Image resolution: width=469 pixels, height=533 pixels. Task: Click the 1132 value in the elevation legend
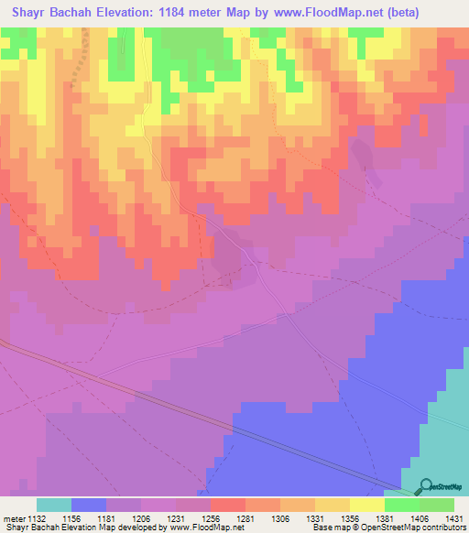(37, 517)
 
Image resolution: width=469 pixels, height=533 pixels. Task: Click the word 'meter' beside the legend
(12, 517)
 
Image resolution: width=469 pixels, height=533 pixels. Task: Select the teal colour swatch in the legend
(54, 505)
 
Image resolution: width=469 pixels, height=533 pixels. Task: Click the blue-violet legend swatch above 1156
(89, 505)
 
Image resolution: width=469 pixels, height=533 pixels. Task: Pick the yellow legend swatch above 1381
(366, 505)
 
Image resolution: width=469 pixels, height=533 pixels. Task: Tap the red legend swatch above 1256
(227, 505)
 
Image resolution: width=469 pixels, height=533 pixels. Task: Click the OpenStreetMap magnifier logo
(425, 487)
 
